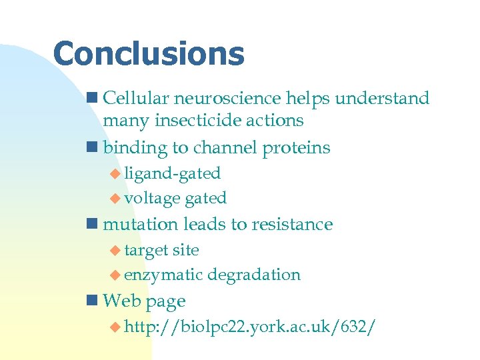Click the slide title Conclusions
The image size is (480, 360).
click(149, 54)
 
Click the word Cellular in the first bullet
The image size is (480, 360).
click(136, 99)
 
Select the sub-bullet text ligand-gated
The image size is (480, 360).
click(172, 173)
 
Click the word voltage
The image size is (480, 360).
click(152, 198)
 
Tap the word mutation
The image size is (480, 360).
click(141, 224)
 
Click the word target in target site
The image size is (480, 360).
click(145, 250)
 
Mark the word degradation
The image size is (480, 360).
click(254, 275)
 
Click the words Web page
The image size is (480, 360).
click(144, 301)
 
